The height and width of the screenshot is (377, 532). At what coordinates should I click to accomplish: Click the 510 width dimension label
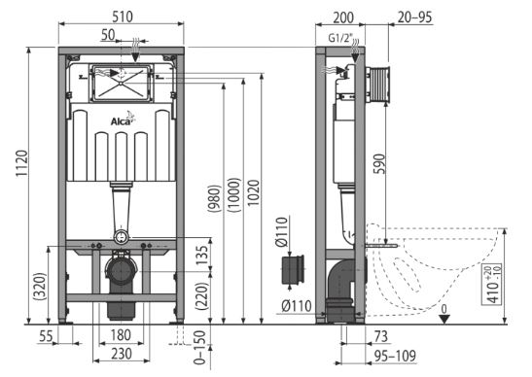click(x=123, y=17)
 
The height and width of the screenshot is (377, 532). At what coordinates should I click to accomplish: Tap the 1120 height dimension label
click(x=22, y=163)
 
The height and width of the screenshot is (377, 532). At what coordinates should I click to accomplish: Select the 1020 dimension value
click(x=254, y=192)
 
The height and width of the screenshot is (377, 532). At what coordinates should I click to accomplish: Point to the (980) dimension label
click(x=214, y=198)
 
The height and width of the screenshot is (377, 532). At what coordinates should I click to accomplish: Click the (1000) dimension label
click(x=234, y=195)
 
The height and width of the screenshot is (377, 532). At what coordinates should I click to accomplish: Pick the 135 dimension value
click(x=201, y=256)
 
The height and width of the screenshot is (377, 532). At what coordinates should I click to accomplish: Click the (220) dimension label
click(x=201, y=296)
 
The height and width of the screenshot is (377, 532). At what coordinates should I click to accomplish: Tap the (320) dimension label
click(x=41, y=287)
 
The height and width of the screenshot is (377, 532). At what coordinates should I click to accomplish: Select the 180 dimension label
click(x=121, y=335)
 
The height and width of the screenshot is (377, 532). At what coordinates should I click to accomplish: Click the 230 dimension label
click(x=122, y=354)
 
